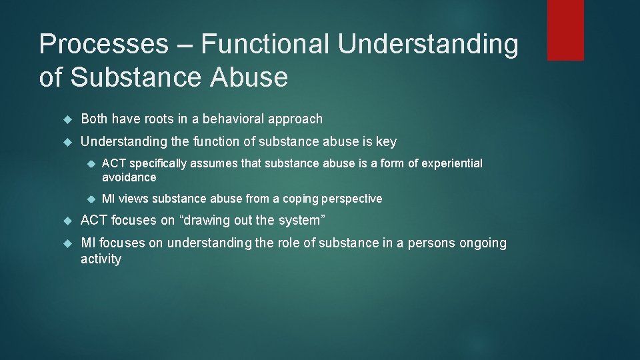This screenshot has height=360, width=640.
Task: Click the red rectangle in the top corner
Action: click(565, 30)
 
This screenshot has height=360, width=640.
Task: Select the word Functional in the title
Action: click(265, 45)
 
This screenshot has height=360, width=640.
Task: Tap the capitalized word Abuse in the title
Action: click(249, 78)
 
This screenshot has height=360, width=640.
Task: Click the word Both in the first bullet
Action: click(95, 119)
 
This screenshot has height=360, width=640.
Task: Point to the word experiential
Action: click(450, 163)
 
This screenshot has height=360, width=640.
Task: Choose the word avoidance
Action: click(129, 177)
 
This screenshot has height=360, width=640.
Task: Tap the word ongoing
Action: click(483, 243)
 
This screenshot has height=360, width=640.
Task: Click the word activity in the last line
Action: click(101, 259)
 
